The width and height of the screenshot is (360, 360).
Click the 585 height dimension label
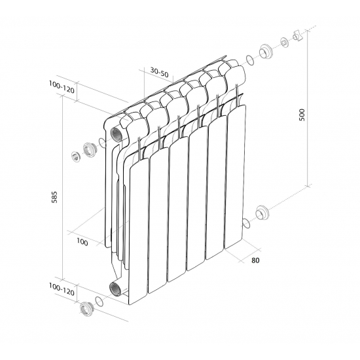click(x=54, y=197)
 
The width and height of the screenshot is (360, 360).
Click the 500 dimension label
click(x=302, y=115)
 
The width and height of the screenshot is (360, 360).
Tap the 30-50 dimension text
click(x=159, y=73)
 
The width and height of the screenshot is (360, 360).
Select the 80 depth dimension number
click(x=255, y=260)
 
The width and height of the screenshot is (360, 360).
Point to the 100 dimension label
click(x=82, y=242)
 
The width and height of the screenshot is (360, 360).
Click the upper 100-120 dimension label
click(x=62, y=87)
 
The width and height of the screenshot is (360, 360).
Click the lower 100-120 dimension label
click(x=62, y=289)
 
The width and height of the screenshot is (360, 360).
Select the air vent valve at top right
click(x=297, y=35)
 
